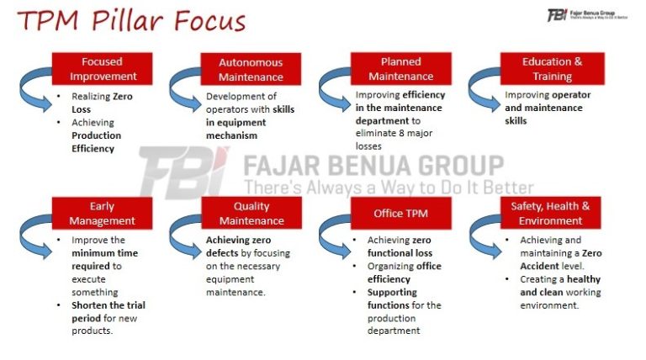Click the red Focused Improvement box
point(102,69)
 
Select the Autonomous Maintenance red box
point(251,69)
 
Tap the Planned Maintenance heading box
point(400,69)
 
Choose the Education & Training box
point(552,69)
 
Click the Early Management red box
point(102,214)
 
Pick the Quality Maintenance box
point(251,214)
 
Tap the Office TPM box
point(400,214)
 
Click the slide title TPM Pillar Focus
point(131,20)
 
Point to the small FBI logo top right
point(557,15)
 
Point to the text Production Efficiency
point(96,141)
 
